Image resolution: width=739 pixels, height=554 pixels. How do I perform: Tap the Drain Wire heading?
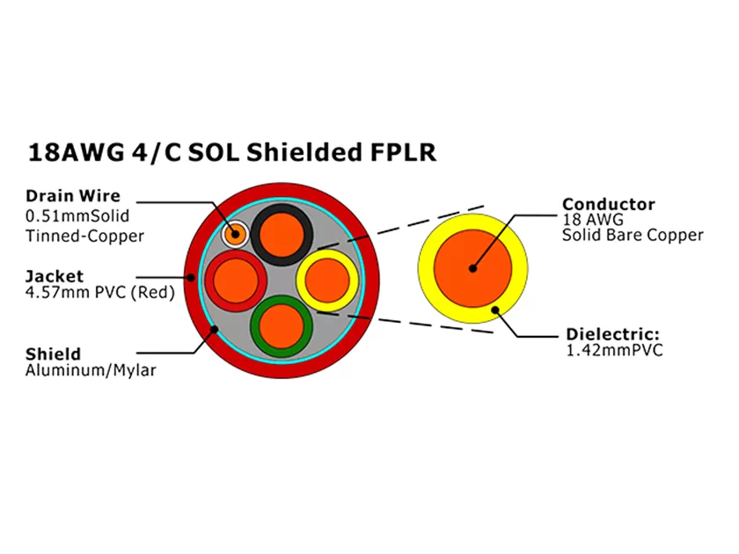72,196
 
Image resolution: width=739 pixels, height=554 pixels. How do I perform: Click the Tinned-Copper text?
84,236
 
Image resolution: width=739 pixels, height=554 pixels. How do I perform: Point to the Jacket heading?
54,275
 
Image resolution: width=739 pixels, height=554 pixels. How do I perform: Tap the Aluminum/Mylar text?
90,370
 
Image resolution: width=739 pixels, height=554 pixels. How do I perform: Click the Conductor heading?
608,204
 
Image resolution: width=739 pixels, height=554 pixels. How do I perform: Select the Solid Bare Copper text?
633,235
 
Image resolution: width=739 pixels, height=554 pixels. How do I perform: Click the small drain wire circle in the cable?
235,234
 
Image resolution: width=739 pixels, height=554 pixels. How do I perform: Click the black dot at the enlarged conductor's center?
472,268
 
